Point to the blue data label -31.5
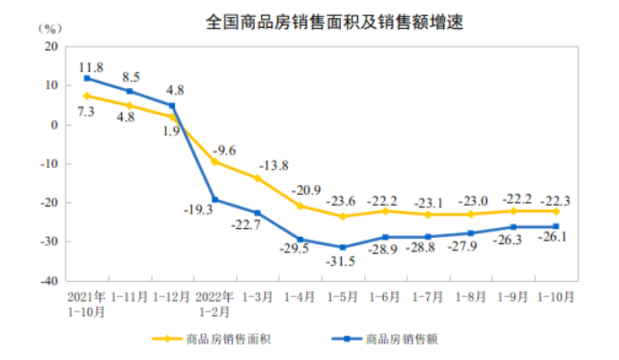(343, 261)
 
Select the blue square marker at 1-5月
(342, 247)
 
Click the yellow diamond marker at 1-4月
(300, 206)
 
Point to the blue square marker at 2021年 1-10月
(87, 78)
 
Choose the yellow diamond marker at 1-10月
(555, 212)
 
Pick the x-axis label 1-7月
(428, 294)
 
